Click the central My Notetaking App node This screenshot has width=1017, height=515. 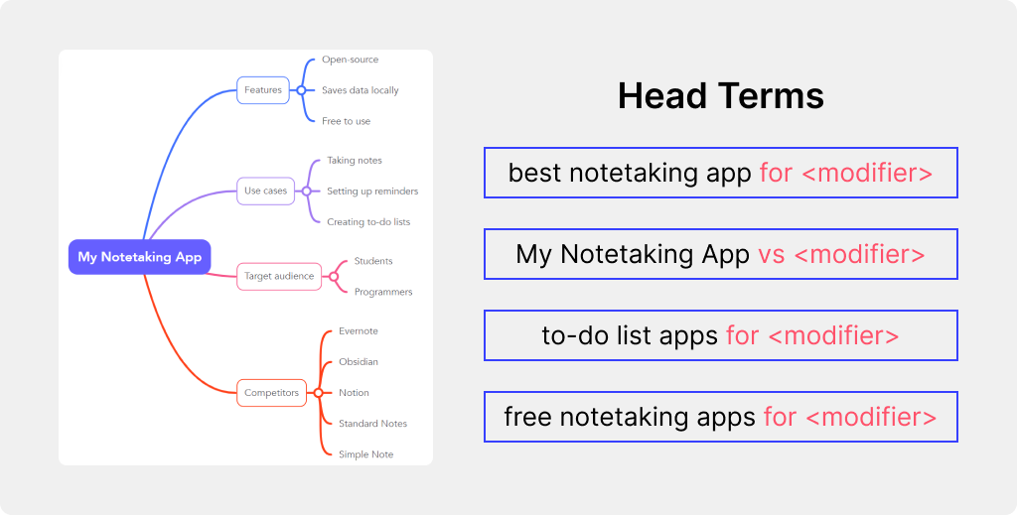(x=139, y=257)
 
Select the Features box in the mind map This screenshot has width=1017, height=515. (x=262, y=90)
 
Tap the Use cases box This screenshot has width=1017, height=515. (x=265, y=192)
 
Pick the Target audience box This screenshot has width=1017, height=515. (x=279, y=276)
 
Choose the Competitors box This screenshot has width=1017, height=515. (x=271, y=393)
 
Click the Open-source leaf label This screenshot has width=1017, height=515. (x=351, y=60)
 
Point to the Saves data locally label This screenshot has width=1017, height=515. (x=360, y=90)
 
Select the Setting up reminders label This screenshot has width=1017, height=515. (x=372, y=192)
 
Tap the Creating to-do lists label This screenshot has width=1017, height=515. (x=368, y=221)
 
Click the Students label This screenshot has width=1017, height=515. (x=373, y=261)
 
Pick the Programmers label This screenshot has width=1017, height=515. (x=383, y=292)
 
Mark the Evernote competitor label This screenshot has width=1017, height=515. (x=358, y=331)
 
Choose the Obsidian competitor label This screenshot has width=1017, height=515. (x=358, y=361)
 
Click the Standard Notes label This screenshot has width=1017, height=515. (x=373, y=424)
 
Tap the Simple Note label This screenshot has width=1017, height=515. (x=365, y=454)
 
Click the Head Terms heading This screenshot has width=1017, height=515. (x=721, y=96)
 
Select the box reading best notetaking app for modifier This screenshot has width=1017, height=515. (x=721, y=173)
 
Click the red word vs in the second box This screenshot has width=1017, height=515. (x=771, y=254)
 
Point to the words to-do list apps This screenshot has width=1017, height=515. (x=630, y=335)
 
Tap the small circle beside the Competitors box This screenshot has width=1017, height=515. (x=318, y=393)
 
